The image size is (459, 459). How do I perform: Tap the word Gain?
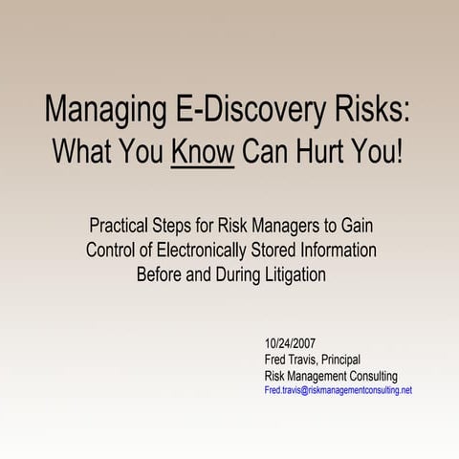pos(354,229)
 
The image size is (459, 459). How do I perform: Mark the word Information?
pos(341,251)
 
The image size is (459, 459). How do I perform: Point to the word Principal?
pos(340,360)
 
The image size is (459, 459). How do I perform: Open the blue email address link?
pos(338,391)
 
